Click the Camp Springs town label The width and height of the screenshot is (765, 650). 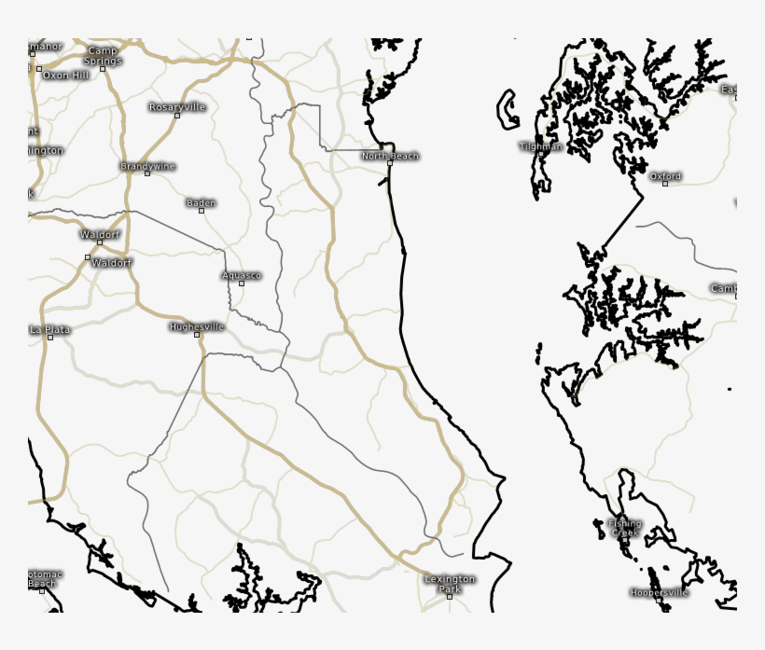pyautogui.click(x=104, y=55)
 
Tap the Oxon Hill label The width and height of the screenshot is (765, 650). pyautogui.click(x=67, y=75)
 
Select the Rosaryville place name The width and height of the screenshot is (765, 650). pyautogui.click(x=177, y=107)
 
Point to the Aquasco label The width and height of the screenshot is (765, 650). pyautogui.click(x=242, y=275)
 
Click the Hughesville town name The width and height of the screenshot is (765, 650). pyautogui.click(x=197, y=327)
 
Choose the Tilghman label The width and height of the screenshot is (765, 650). pyautogui.click(x=541, y=146)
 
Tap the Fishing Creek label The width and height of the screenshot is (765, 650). pyautogui.click(x=625, y=528)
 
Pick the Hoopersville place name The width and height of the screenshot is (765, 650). pyautogui.click(x=659, y=592)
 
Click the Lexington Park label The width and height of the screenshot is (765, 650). pyautogui.click(x=450, y=584)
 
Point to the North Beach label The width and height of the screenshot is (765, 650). pyautogui.click(x=390, y=156)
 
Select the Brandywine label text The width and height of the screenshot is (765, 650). pyautogui.click(x=147, y=166)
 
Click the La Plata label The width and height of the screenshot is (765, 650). pyautogui.click(x=50, y=329)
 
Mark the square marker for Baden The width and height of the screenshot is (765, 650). pyautogui.click(x=202, y=211)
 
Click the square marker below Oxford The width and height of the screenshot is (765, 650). pyautogui.click(x=665, y=184)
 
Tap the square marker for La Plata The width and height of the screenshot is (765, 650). pyautogui.click(x=50, y=338)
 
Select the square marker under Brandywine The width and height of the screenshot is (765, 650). pyautogui.click(x=147, y=173)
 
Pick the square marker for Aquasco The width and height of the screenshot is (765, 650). pyautogui.click(x=242, y=284)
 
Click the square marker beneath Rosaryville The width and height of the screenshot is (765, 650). pyautogui.click(x=177, y=116)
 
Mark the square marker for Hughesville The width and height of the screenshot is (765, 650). pyautogui.click(x=197, y=335)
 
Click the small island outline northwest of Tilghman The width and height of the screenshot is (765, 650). pyautogui.click(x=508, y=108)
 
